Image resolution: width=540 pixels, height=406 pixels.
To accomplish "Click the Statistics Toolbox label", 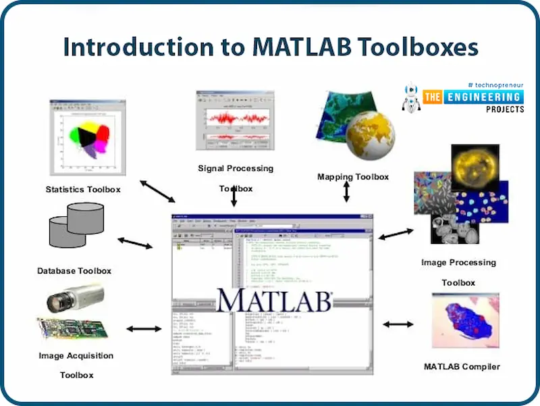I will click(82, 189).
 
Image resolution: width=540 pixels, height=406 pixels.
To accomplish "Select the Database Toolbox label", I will click(74, 271).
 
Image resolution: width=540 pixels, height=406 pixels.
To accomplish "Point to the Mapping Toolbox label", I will click(352, 177).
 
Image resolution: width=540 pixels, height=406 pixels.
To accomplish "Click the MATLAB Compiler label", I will click(462, 367).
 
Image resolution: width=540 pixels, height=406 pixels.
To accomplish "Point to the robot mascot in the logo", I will click(410, 97).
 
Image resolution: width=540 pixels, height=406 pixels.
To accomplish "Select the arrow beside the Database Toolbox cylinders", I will click(135, 242).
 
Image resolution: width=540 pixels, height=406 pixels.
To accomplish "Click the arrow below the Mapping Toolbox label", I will click(346, 191).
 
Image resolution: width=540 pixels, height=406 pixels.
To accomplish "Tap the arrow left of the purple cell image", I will click(398, 324).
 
